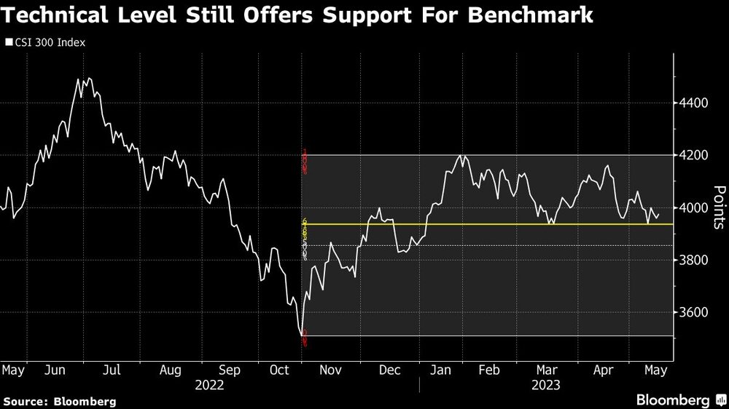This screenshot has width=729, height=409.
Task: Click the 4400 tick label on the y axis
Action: pos(695,103)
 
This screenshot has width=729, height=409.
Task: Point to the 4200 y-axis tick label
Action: pos(695,155)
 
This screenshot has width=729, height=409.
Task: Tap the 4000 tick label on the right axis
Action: pos(695,208)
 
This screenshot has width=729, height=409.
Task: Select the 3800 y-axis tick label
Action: pos(695,261)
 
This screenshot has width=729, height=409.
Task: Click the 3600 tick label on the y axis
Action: pos(695,313)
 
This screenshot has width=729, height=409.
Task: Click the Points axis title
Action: pos(719,207)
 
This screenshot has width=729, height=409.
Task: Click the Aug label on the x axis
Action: pos(170,370)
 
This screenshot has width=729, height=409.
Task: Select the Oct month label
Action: pos(281,370)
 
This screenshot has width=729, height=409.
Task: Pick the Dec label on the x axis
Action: pos(390,370)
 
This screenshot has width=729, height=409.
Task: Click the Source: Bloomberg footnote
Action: pos(60,401)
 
